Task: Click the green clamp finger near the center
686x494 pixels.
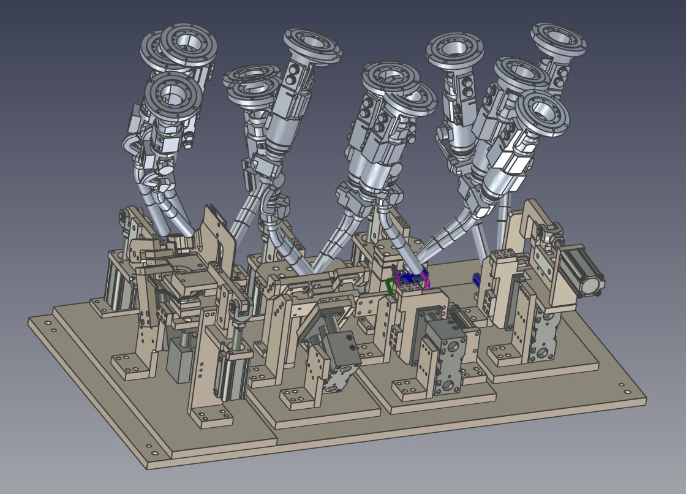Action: [x=390, y=285]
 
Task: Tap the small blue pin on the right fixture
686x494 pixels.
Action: [x=477, y=279]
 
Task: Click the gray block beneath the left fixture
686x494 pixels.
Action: [x=179, y=362]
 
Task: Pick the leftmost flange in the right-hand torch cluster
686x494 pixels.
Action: [x=454, y=49]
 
